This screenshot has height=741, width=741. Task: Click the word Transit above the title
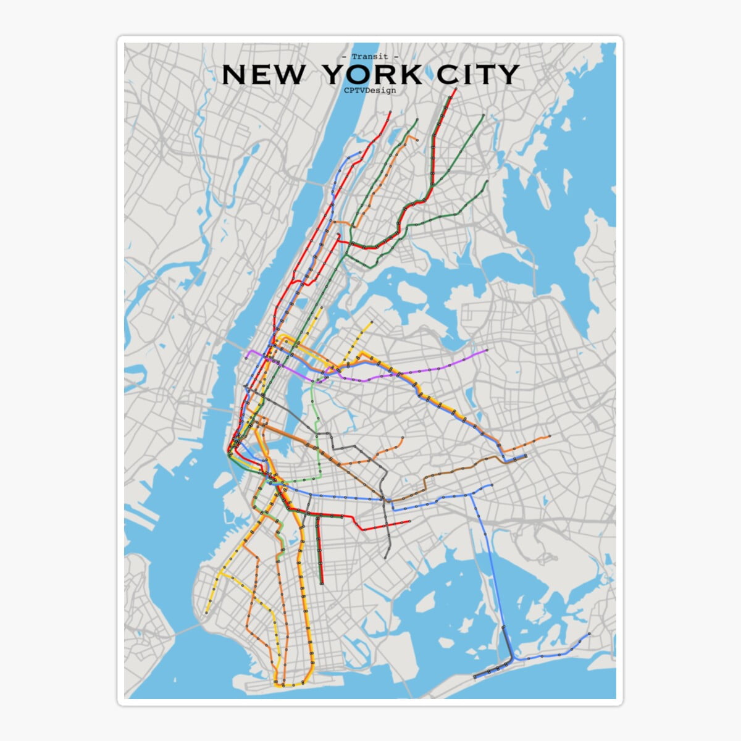click(370, 57)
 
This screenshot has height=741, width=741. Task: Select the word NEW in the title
click(263, 75)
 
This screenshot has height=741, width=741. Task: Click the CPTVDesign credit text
click(370, 90)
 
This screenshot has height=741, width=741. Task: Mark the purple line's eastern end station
click(487, 351)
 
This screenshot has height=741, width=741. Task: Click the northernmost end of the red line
click(455, 90)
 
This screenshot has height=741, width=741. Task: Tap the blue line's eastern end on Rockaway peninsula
click(590, 634)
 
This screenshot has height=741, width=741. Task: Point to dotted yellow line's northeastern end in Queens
click(372, 322)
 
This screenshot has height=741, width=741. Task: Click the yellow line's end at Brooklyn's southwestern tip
click(206, 613)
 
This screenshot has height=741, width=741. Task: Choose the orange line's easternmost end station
click(550, 437)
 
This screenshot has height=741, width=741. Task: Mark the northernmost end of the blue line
click(360, 152)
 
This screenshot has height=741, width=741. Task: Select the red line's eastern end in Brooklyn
click(409, 522)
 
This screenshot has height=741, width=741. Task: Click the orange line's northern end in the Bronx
click(417, 140)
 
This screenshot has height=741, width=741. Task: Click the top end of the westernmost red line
click(390, 113)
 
